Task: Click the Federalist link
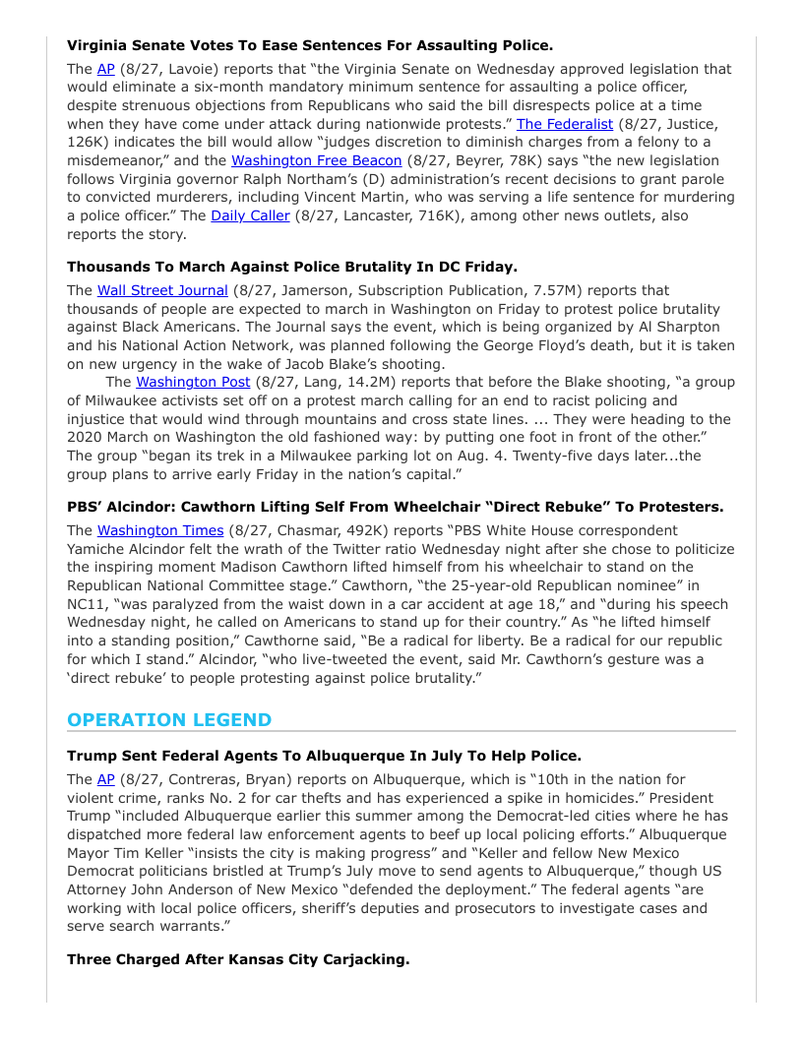(x=565, y=124)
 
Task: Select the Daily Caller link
(x=250, y=215)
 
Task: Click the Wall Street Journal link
(x=162, y=290)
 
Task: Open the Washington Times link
(x=160, y=530)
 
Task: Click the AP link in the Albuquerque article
(x=105, y=779)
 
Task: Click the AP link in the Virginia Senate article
(x=105, y=69)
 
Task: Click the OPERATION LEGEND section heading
(x=169, y=719)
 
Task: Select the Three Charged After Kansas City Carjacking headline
(x=238, y=959)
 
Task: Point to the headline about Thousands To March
(x=292, y=267)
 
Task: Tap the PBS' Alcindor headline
(x=395, y=507)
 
